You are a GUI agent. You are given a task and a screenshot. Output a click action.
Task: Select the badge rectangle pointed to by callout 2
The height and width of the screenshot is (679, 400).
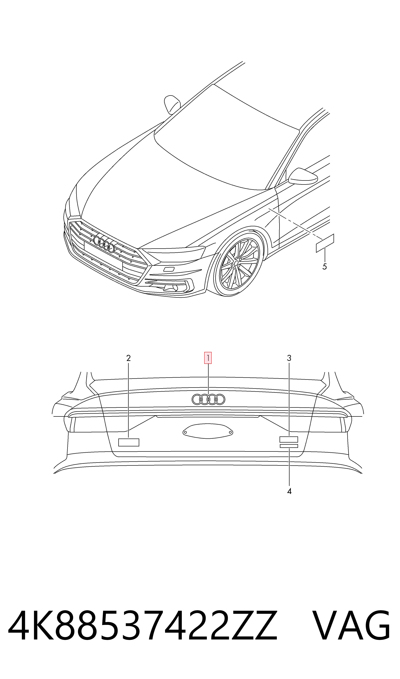pos(129,442)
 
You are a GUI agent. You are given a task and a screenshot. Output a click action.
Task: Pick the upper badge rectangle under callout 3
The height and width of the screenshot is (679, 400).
pos(289,439)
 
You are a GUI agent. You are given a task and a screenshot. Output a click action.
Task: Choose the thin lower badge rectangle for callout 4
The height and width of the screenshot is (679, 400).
pos(289,446)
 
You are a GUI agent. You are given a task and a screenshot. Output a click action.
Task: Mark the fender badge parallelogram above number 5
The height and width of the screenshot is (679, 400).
pos(325,243)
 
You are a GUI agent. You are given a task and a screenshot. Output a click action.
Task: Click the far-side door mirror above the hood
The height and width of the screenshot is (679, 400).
pos(172,104)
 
